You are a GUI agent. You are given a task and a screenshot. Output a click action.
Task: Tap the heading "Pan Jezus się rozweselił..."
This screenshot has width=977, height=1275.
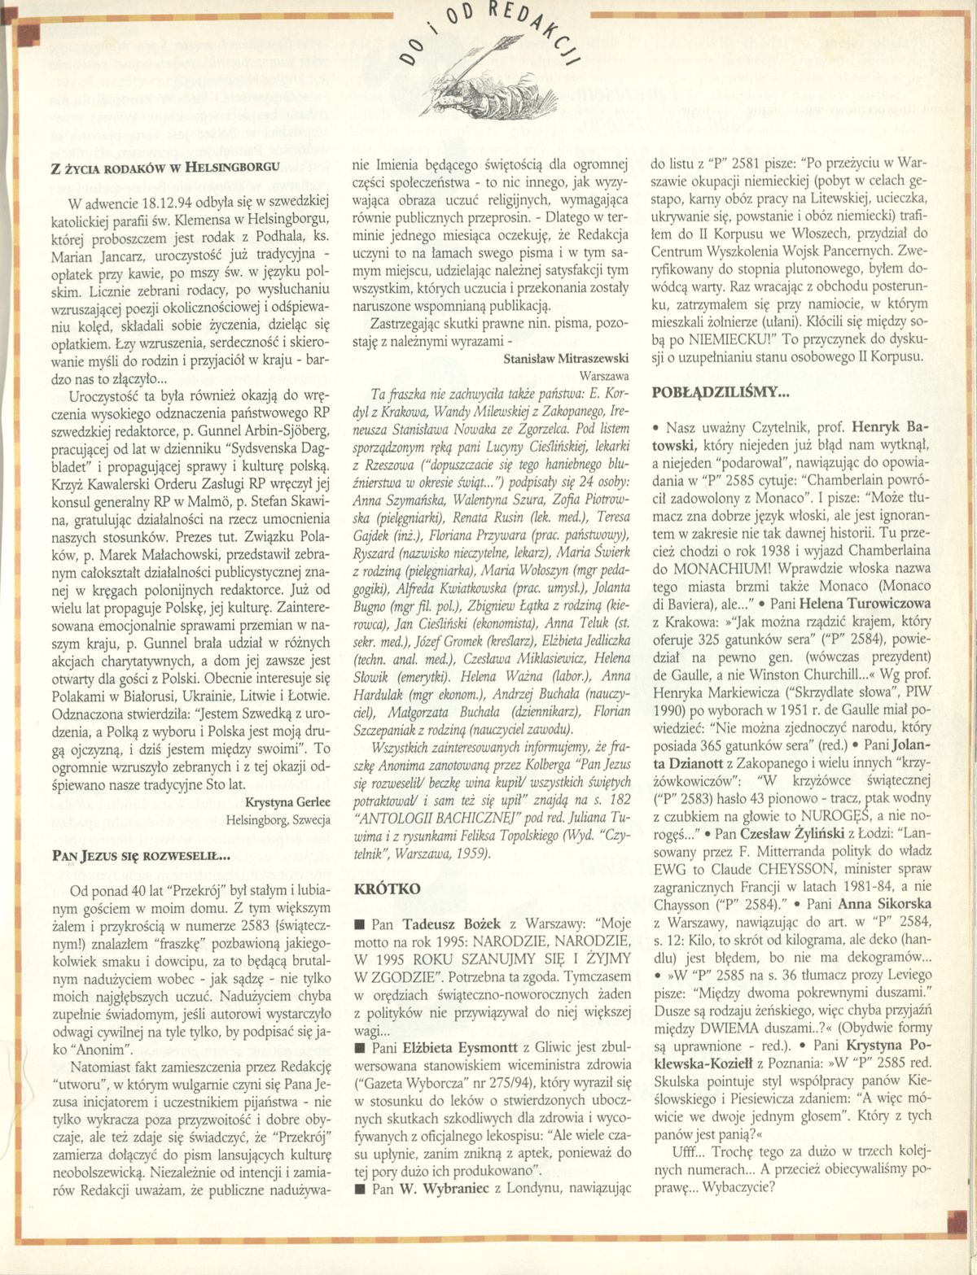point(141,855)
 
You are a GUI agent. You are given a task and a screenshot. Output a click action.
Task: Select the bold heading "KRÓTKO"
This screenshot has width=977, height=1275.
point(388,889)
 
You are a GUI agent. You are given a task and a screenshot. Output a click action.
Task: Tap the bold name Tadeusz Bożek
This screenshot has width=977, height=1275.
point(444,925)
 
